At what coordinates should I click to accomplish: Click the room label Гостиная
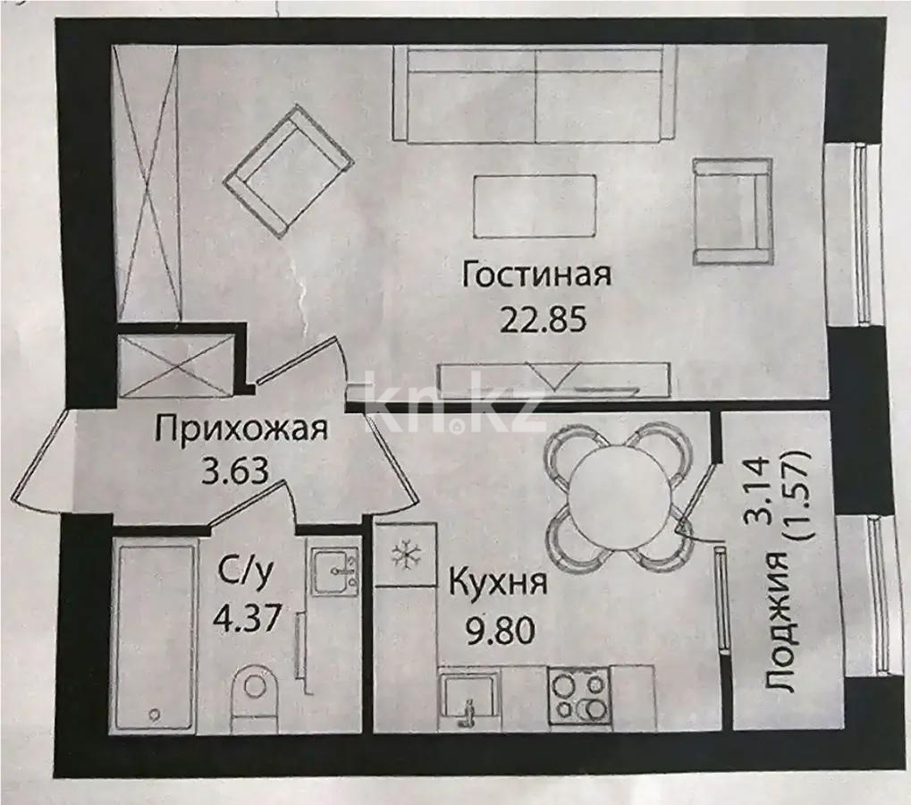click(536, 275)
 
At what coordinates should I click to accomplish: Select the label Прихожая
click(242, 429)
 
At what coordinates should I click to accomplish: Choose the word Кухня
click(497, 585)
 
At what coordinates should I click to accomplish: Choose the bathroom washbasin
click(333, 570)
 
